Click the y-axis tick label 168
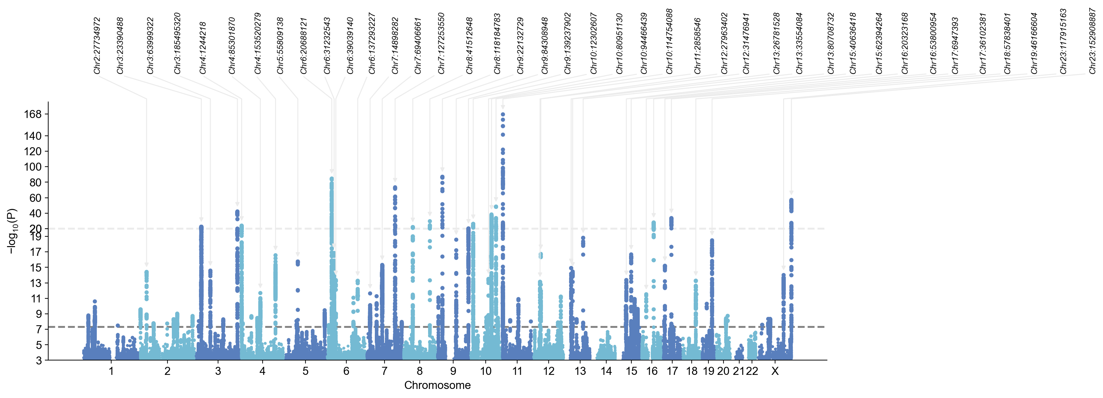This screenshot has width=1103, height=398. coord(32,114)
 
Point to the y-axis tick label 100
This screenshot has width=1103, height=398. coord(32,167)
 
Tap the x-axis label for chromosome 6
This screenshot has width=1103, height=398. coord(346,372)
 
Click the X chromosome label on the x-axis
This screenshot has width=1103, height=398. coord(775,372)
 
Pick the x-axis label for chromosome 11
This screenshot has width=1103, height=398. coord(517,372)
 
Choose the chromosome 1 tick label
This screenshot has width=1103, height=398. coord(111,372)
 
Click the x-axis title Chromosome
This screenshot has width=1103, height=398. coord(437,385)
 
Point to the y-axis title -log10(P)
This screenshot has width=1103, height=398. coord(12,231)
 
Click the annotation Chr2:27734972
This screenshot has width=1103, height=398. coord(97,45)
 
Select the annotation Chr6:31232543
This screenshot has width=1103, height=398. coord(327,45)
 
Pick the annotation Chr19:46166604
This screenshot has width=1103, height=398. coord(1034,43)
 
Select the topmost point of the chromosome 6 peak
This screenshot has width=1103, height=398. coord(331,179)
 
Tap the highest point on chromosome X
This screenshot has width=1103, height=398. coord(791,200)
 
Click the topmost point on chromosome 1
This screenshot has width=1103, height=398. coord(95,301)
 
